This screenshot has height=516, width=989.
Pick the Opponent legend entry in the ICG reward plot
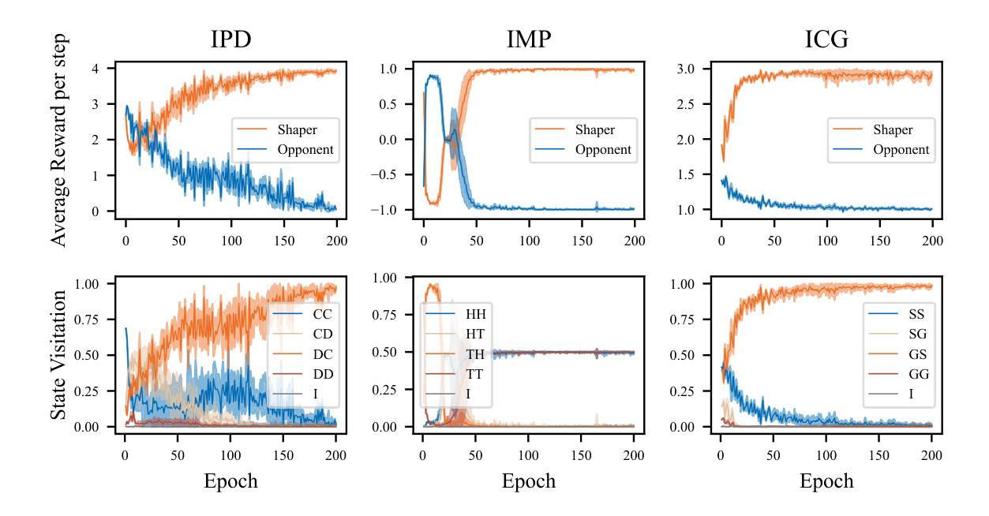click(x=901, y=150)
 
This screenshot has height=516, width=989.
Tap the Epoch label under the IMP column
click(x=528, y=481)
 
